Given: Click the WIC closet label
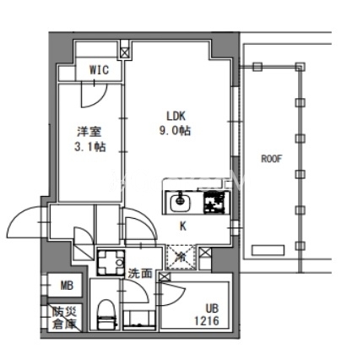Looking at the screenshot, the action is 99,70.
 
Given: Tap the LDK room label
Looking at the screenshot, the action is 176,116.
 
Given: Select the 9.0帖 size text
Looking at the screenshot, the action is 175,131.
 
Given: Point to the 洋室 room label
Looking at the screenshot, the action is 89,132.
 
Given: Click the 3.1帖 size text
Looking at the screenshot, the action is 90,147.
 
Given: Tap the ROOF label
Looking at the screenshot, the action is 272,159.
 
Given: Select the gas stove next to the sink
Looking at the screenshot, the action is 217,203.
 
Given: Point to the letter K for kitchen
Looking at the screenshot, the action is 183,226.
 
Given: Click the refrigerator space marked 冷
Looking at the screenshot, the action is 181,257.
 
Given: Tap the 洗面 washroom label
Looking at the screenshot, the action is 140,273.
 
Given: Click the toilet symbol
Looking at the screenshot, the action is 106,314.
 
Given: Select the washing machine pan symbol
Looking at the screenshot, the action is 111,262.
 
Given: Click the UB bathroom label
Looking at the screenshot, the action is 212,308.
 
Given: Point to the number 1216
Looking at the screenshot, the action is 207,321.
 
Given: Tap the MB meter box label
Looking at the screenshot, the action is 67,286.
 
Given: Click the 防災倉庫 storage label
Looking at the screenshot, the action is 64,318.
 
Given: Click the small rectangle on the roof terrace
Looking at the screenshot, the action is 268,250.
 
